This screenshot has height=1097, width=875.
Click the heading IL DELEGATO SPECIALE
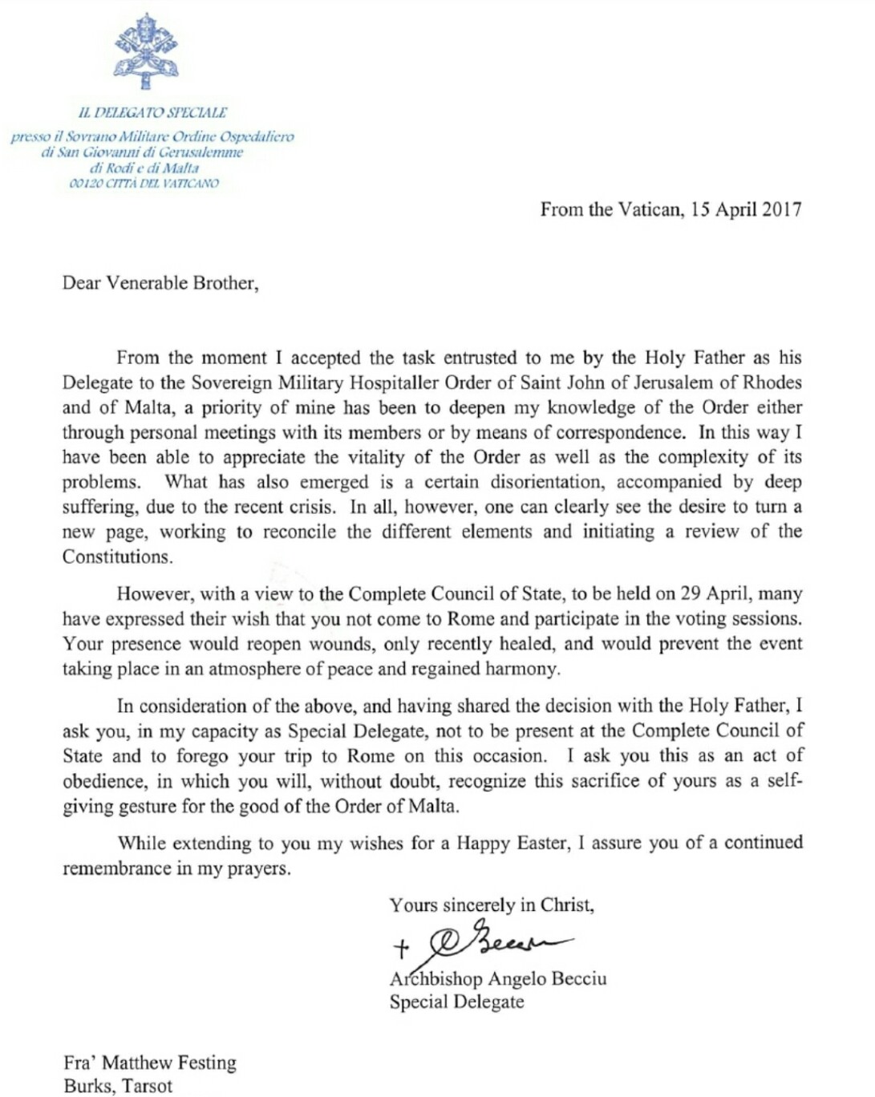[152, 112]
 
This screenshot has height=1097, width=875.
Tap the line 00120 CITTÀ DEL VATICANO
[144, 183]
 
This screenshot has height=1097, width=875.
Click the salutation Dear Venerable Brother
[160, 283]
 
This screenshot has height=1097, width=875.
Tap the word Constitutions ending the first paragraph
[117, 557]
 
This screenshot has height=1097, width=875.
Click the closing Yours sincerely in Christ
[492, 905]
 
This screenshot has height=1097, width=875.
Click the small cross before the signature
[400, 949]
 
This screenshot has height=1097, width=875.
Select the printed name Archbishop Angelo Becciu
[498, 979]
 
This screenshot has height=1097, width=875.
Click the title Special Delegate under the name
[456, 1002]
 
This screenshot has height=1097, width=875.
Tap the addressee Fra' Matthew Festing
[150, 1063]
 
